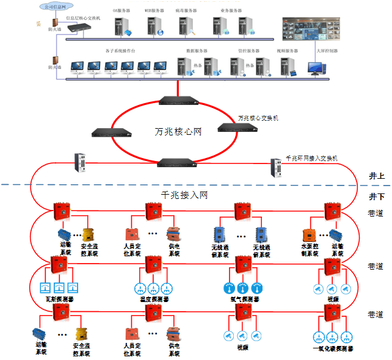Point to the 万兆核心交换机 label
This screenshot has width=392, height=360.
pyautogui.click(x=258, y=117)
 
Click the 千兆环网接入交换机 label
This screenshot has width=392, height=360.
pyautogui.click(x=312, y=158)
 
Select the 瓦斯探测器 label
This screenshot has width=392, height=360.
pyautogui.click(x=60, y=300)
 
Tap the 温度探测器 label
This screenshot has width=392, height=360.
pyautogui.click(x=151, y=300)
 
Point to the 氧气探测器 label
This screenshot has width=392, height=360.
pyautogui.click(x=243, y=300)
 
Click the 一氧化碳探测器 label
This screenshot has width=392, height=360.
pyautogui.click(x=333, y=349)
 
